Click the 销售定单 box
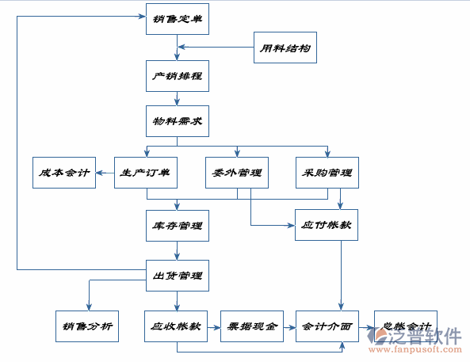pos(177,18)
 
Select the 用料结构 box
pos(285,48)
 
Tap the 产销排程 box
pos(177,77)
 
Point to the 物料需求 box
pos(177,122)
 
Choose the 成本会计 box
pos(63,172)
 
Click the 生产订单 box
pos(146,172)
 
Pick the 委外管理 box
pos(237,172)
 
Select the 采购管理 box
pos(327,172)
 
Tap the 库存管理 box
pos(177,225)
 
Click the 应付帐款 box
pos(327,225)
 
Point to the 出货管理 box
pos(177,276)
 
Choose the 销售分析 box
pos(87,326)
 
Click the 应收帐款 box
pos(177,326)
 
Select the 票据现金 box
pos(251,326)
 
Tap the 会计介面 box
pos(326,326)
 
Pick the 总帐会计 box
pos(403,326)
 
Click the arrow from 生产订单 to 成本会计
pos(105,172)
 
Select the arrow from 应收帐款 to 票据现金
pos(214,326)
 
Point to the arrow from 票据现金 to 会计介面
pos(288,326)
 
